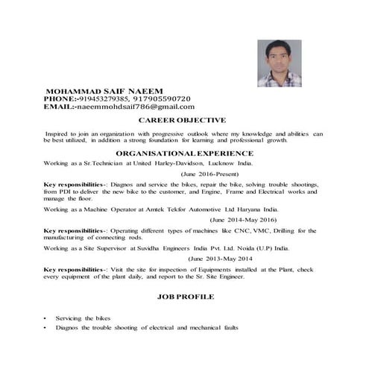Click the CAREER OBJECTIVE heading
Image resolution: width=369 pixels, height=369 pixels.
pyautogui.click(x=183, y=120)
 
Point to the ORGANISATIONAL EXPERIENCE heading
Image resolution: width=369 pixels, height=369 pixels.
pyautogui.click(x=183, y=151)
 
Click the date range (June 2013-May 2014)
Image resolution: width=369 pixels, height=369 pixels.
pyautogui.click(x=220, y=258)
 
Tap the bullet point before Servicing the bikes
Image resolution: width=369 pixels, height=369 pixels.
pyautogui.click(x=46, y=318)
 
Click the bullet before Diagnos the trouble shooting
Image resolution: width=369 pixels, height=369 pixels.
pyautogui.click(x=46, y=328)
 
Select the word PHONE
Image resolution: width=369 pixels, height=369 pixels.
pyautogui.click(x=59, y=98)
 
